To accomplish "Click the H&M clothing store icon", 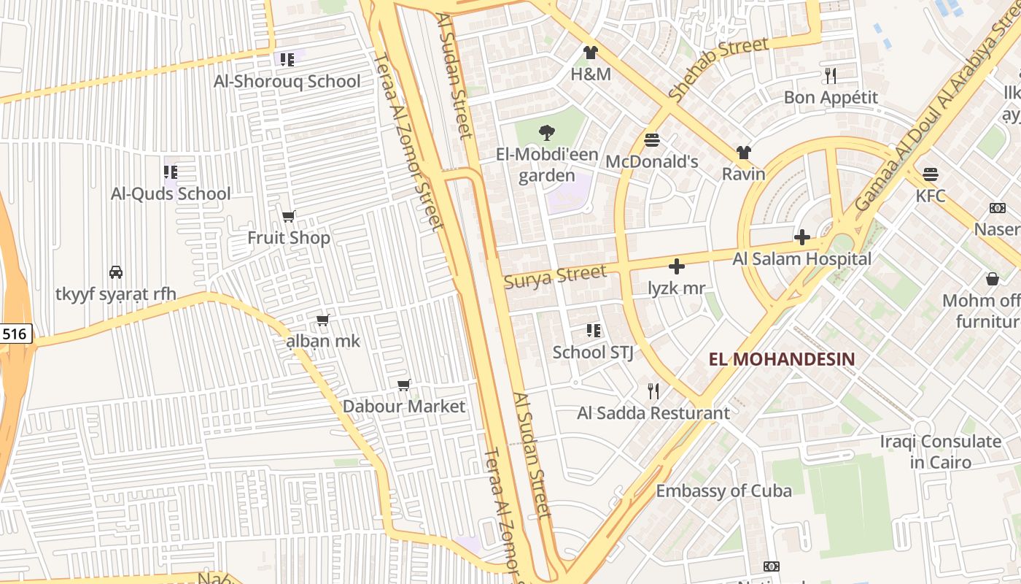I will [590, 53].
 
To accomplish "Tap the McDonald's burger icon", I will [652, 140].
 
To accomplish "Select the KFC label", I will [931, 196].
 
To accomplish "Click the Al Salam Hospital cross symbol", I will [802, 237].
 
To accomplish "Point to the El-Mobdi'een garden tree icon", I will [546, 133].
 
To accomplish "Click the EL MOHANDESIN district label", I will [782, 359].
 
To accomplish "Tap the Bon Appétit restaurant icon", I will [830, 75].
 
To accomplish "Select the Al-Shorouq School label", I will [287, 82].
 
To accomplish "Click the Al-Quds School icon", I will [171, 172].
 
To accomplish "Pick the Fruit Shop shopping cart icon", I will [289, 216].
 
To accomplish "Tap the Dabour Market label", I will [403, 407].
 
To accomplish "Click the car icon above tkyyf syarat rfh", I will [115, 272].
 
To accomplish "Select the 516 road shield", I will [15, 334].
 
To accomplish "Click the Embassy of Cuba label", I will [723, 491].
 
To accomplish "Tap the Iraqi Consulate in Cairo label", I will [940, 452].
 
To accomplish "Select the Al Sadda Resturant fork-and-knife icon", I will [653, 391].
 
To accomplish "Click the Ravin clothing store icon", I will [743, 153].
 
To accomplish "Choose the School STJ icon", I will [593, 331].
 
